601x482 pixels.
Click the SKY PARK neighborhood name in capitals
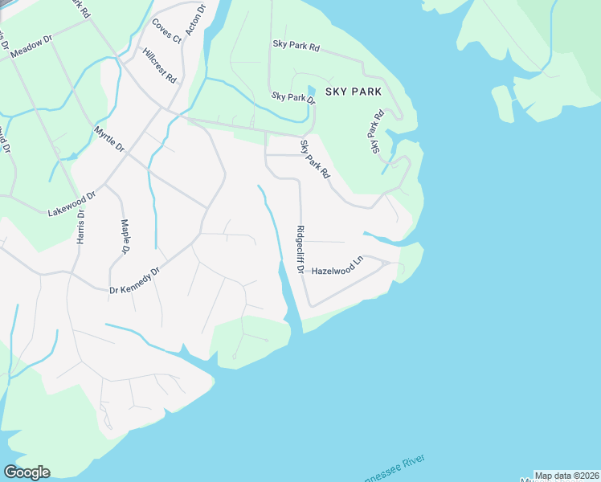click(x=354, y=92)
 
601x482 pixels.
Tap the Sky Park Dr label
click(x=293, y=97)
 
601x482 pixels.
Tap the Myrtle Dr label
click(x=109, y=139)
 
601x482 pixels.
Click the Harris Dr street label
click(x=80, y=229)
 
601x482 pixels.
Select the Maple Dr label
click(x=125, y=237)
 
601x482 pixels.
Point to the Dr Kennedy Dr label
click(x=135, y=280)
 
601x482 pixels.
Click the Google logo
click(x=27, y=472)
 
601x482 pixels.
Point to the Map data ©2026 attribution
click(x=566, y=476)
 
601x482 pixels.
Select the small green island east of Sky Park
click(x=502, y=104)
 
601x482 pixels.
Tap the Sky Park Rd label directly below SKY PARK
click(x=374, y=133)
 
